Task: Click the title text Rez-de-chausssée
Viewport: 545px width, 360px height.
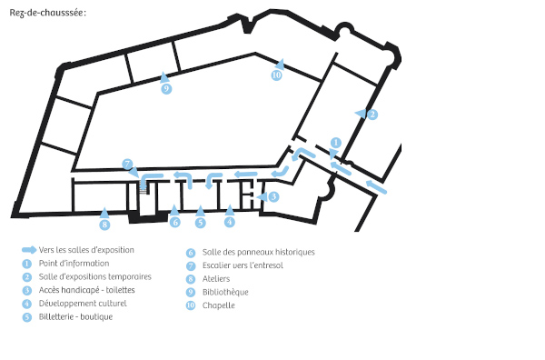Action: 47,12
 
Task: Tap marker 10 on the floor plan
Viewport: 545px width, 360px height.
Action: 277,75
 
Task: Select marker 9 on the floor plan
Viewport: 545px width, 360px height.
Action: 166,89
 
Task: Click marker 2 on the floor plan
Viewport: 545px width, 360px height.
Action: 372,114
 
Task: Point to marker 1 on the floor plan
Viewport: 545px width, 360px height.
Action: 335,143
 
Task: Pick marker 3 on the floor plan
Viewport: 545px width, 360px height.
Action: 273,196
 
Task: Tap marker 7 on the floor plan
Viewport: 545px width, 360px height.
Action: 127,164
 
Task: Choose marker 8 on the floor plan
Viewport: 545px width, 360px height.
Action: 104,225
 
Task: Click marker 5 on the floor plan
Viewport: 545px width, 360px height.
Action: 201,222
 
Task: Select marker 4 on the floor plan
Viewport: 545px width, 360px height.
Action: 230,222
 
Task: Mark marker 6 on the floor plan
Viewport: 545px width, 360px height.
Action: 174,222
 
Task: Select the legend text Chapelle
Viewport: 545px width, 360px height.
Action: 219,305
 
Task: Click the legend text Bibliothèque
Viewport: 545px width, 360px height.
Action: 225,292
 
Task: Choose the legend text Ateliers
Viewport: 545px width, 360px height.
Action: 216,278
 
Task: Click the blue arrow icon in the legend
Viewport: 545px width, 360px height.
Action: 30,250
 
